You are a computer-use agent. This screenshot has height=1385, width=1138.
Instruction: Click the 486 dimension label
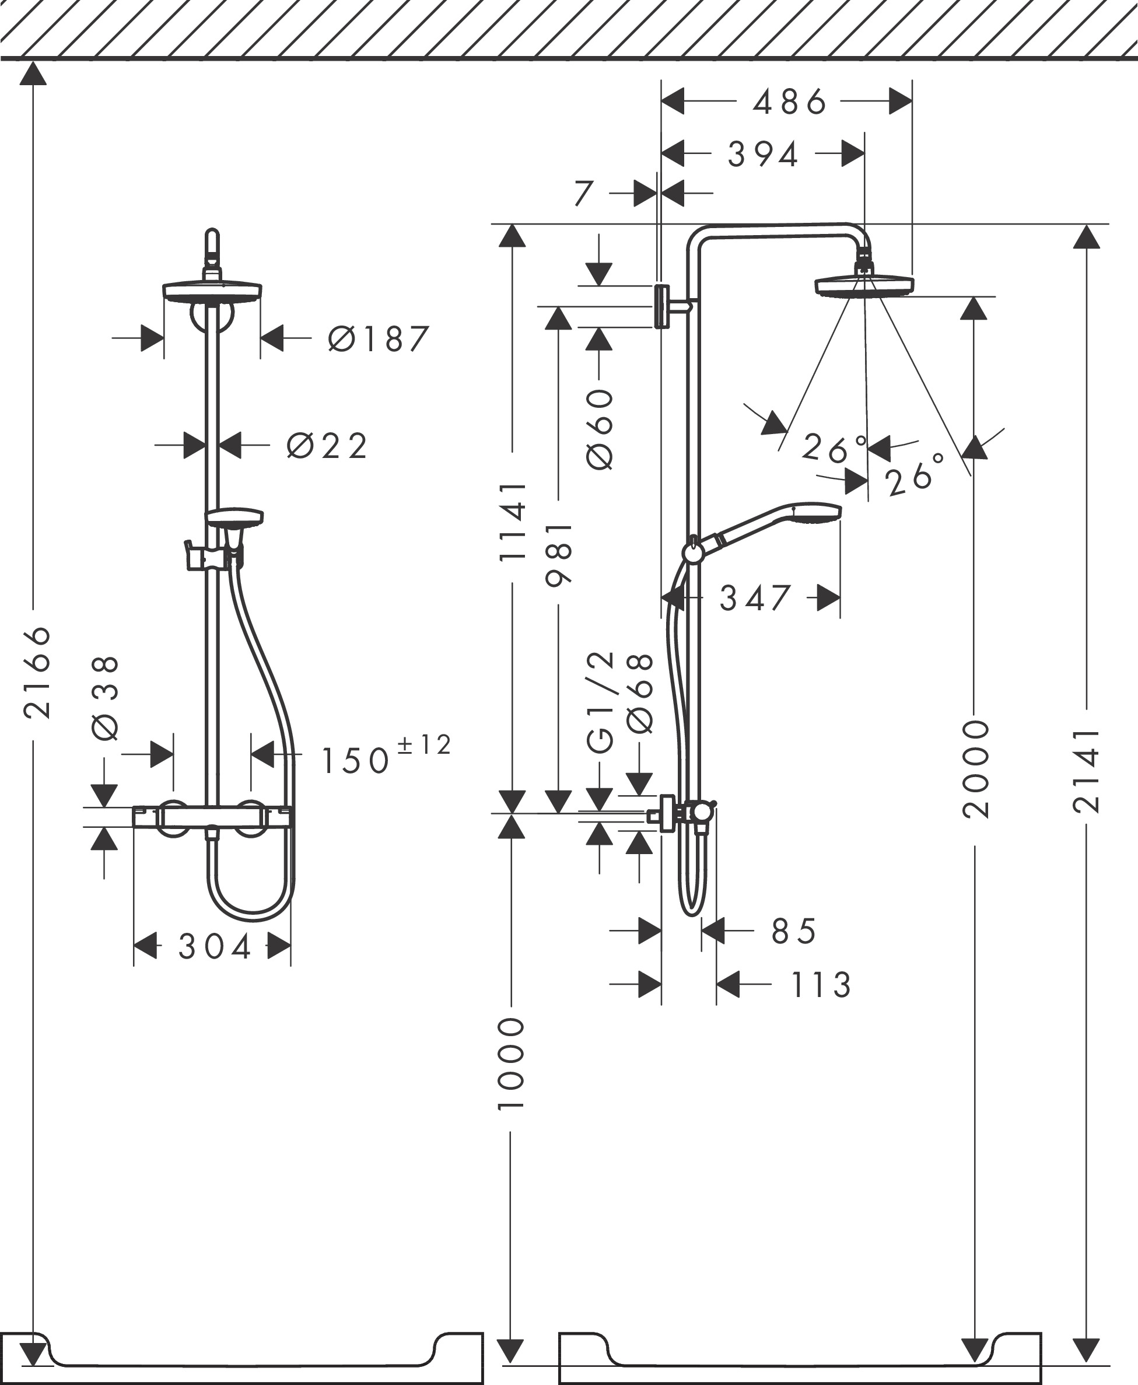pos(789,102)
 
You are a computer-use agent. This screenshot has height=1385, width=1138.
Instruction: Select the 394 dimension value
pos(763,155)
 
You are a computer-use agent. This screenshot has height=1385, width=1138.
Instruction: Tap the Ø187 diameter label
pos(378,339)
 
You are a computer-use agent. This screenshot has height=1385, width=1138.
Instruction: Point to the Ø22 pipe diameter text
pos(327,446)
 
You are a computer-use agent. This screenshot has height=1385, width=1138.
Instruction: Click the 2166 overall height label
pos(37,672)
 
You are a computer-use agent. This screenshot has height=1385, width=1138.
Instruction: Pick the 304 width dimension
pos(214,946)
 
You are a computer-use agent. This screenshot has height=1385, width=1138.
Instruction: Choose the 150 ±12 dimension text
pos(386,755)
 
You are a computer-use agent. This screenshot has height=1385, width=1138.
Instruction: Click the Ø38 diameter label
pos(106,698)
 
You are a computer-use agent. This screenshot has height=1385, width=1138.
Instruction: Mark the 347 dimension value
pos(755,598)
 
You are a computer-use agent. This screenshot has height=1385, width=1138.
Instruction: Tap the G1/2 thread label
pos(600,702)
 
